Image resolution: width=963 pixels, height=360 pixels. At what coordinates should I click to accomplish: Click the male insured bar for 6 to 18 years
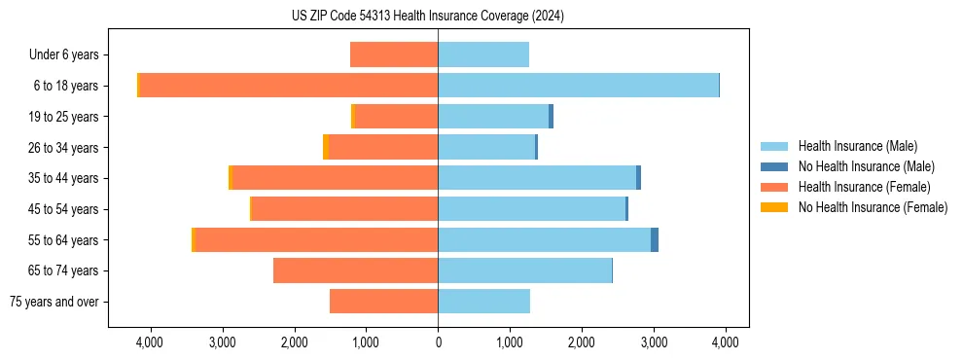pos(578,86)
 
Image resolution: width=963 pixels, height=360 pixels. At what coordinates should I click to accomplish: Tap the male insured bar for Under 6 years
pos(483,54)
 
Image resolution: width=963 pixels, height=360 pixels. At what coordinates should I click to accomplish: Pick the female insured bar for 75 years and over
pos(384,302)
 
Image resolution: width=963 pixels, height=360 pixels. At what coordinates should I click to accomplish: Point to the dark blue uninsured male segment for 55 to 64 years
pos(655,239)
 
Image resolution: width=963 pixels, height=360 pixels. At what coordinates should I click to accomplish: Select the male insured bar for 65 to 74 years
pos(525,270)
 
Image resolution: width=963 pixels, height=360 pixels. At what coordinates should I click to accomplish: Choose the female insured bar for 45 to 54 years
pos(344,209)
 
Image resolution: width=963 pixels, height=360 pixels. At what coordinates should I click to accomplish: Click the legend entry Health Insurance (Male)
pos(857,146)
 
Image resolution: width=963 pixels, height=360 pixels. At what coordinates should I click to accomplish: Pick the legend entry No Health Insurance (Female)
pos(873,207)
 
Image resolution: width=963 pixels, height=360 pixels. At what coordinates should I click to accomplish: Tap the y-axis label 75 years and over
pos(53,302)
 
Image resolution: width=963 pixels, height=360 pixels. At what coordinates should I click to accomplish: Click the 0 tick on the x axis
pos(438,342)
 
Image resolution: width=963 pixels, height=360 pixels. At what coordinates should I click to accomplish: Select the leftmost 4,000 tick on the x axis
pos(151,342)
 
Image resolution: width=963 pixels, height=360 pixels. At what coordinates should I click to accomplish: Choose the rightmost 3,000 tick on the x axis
pos(653,342)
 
